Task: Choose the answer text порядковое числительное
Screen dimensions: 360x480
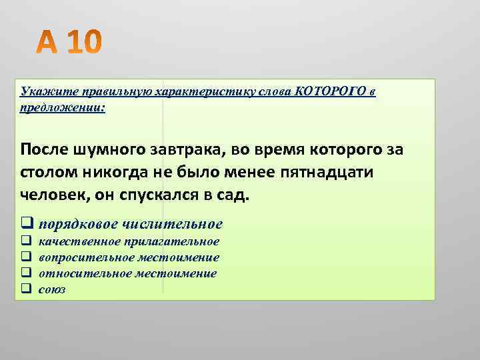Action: point(131,224)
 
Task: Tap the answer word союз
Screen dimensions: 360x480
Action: point(52,289)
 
